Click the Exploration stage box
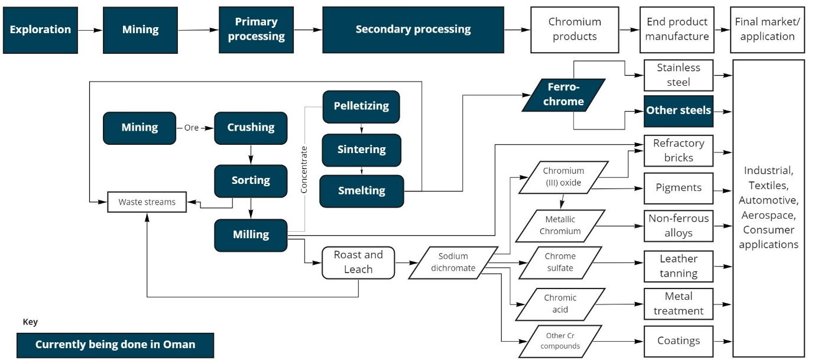(40, 30)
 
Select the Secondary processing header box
(413, 30)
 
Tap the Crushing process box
(251, 128)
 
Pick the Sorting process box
(251, 180)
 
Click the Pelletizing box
(361, 106)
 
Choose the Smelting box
(361, 191)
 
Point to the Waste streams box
(147, 202)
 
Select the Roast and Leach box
(358, 262)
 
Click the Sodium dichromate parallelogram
(453, 262)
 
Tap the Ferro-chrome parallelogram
(563, 95)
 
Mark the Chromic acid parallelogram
(560, 304)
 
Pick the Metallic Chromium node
(560, 226)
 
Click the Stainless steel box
(678, 75)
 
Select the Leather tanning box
(678, 266)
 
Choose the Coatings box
(678, 341)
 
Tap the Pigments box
(678, 188)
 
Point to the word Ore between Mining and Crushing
(192, 128)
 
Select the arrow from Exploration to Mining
(90, 30)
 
